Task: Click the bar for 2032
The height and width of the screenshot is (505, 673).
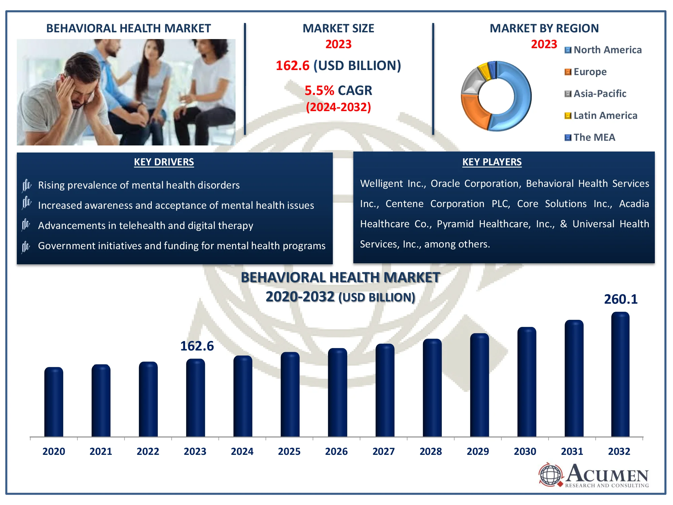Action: (620, 374)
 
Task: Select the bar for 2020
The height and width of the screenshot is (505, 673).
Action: (54, 402)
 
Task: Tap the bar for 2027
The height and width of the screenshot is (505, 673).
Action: (385, 390)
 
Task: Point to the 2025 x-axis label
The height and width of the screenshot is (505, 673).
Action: (289, 451)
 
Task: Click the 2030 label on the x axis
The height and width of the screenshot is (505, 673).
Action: (525, 451)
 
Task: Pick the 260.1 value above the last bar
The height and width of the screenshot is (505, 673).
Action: (621, 299)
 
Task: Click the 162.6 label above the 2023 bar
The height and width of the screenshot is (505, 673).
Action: (197, 346)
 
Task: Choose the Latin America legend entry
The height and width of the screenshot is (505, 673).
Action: (601, 115)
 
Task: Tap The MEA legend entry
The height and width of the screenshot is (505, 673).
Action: (590, 137)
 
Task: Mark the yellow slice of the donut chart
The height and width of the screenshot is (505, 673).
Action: (484, 70)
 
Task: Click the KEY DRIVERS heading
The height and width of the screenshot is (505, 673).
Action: (164, 162)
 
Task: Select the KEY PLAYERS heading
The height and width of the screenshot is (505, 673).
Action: (492, 162)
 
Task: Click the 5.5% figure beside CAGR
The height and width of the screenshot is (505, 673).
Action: (319, 90)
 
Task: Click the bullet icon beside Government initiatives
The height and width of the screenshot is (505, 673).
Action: (26, 246)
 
